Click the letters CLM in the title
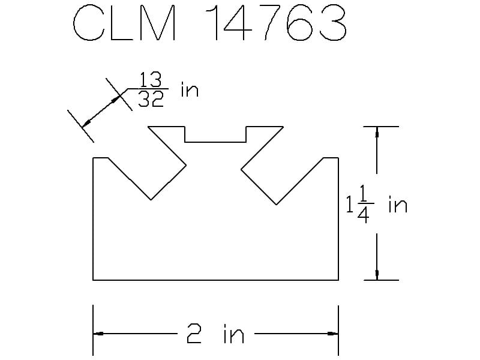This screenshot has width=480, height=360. (x=125, y=23)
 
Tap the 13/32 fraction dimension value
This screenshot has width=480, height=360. (x=151, y=89)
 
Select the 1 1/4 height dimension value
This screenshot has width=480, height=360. (x=360, y=204)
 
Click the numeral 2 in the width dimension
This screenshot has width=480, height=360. (x=194, y=334)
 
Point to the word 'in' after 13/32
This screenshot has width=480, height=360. (x=190, y=89)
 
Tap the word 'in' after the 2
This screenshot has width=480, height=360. (x=234, y=334)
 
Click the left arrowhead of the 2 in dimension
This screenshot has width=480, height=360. (x=98, y=334)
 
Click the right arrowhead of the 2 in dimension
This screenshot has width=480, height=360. (x=334, y=334)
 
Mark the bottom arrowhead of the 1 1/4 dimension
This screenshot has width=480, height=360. (x=377, y=275)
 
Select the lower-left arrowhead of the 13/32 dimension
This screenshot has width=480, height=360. (x=86, y=123)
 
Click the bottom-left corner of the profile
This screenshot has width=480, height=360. (x=93, y=280)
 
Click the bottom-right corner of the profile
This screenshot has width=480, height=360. (x=338, y=280)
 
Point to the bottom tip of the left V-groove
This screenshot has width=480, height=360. (x=151, y=200)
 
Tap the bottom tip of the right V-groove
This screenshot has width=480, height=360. (x=277, y=205)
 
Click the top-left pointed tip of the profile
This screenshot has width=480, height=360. (x=148, y=127)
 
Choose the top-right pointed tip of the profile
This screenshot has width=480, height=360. (x=283, y=127)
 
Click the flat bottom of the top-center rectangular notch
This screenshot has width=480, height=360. (x=215, y=142)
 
